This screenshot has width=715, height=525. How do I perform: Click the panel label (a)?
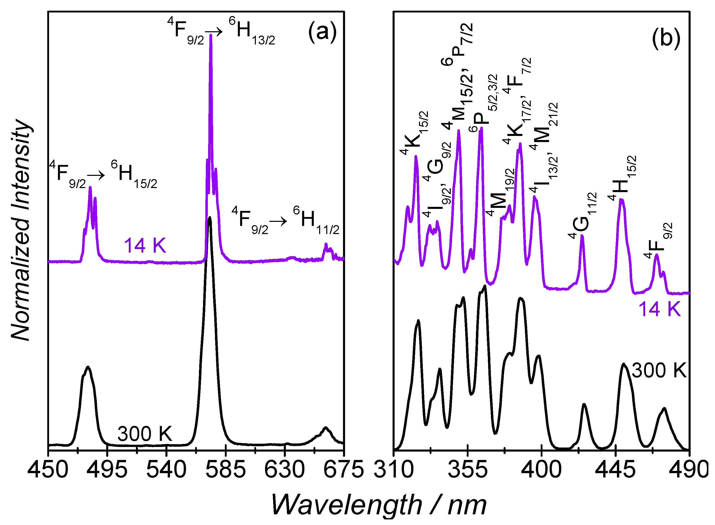[322, 32]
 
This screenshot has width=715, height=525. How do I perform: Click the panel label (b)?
[666, 39]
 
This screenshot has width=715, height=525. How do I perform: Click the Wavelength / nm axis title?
[378, 505]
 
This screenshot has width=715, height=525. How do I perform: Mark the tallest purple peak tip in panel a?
[211, 35]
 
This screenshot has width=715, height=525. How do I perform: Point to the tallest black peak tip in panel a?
[209, 218]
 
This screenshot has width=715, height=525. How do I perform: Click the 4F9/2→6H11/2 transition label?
[285, 221]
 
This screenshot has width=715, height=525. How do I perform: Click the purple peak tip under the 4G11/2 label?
[582, 236]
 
